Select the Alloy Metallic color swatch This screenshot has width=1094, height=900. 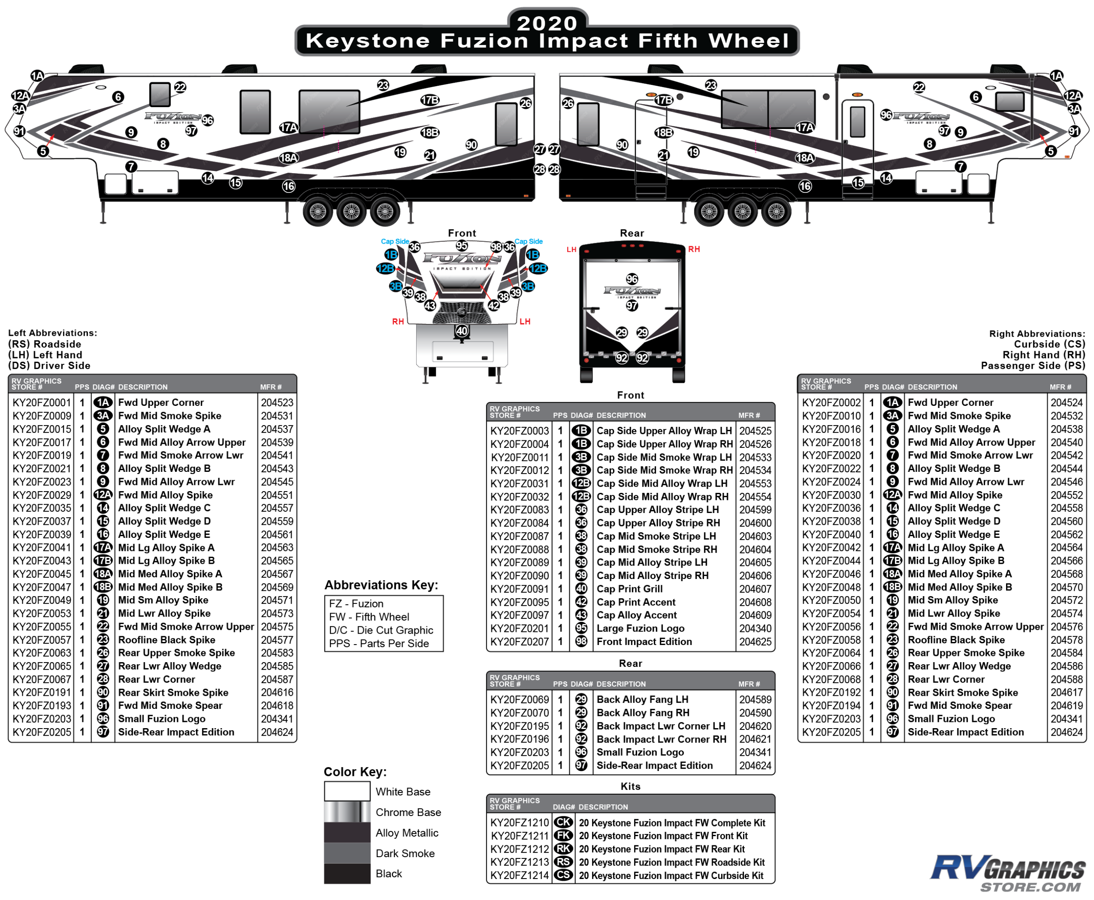click(347, 833)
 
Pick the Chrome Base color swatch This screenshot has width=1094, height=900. click(347, 812)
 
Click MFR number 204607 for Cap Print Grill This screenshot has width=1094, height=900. click(755, 589)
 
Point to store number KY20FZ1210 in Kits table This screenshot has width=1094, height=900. click(519, 823)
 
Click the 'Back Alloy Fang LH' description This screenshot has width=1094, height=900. click(642, 699)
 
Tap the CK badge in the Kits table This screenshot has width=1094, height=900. click(563, 823)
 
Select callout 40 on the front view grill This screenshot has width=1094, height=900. click(462, 331)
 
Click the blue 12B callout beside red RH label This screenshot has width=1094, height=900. click(386, 268)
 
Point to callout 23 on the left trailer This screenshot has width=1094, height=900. click(383, 85)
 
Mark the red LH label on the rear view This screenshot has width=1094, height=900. click(571, 249)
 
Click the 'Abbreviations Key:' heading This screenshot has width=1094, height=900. click(381, 585)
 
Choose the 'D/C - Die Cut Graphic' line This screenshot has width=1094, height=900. click(381, 630)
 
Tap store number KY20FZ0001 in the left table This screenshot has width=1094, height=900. click(42, 402)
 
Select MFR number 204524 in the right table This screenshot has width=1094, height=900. click(1066, 402)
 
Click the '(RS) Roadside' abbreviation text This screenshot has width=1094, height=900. click(45, 344)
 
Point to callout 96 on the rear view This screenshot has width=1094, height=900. click(631, 279)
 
